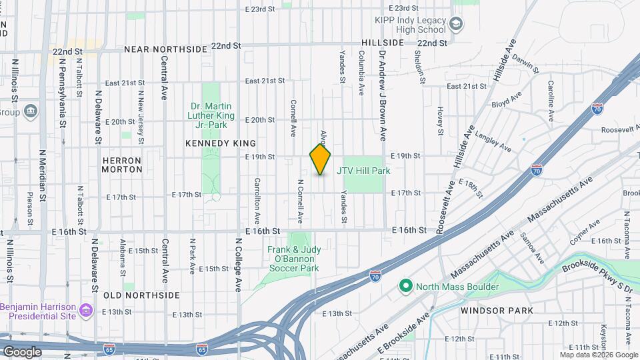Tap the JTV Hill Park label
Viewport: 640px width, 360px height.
click(363, 171)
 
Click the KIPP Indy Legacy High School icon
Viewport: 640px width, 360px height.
click(457, 25)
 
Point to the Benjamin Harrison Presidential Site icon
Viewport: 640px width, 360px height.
click(85, 311)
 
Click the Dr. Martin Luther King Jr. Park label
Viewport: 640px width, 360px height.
click(212, 115)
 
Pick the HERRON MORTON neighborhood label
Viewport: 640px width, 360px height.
click(122, 165)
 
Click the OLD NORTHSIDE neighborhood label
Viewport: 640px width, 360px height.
click(141, 295)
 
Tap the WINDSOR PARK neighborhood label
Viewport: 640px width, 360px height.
click(497, 310)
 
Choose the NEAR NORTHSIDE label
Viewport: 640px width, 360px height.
click(165, 49)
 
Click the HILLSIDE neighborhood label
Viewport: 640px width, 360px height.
click(383, 42)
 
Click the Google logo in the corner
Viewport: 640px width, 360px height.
click(22, 351)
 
